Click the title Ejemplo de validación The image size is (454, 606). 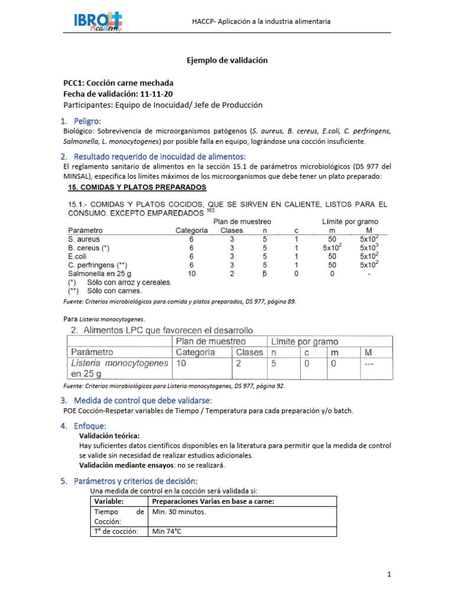coord(227,60)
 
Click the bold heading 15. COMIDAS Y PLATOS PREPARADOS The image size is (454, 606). coord(137,188)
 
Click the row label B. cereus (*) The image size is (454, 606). coord(89,247)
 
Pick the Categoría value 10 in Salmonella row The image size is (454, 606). coord(191,274)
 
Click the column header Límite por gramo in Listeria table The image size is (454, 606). coord(304,341)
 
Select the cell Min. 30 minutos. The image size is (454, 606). coord(179,512)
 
